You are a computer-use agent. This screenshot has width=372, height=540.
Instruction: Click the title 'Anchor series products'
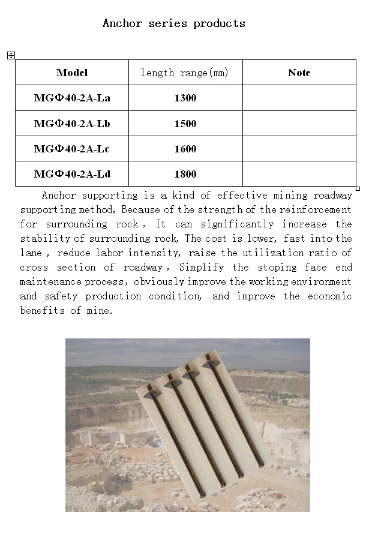click(174, 23)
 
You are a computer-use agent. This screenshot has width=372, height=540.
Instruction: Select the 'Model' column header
click(72, 73)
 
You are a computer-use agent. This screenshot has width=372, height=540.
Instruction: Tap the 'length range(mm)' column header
click(185, 73)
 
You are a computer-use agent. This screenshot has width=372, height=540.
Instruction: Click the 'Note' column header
click(299, 73)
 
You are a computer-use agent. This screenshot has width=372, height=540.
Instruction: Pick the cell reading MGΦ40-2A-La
click(72, 98)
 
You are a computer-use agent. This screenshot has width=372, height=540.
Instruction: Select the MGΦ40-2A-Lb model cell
click(72, 124)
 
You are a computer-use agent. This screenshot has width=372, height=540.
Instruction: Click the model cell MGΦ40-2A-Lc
click(72, 149)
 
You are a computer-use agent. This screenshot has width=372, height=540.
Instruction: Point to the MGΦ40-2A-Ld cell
click(72, 174)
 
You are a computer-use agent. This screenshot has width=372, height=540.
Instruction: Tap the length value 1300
click(185, 98)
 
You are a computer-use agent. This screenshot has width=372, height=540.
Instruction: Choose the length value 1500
click(185, 124)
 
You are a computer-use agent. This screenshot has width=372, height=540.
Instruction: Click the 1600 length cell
click(185, 149)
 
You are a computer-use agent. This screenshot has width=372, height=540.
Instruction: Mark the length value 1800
click(185, 174)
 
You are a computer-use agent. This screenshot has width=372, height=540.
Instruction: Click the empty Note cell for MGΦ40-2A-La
click(299, 98)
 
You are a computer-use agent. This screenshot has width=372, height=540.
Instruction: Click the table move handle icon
click(11, 55)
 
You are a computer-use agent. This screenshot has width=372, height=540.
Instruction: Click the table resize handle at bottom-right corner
click(358, 188)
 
